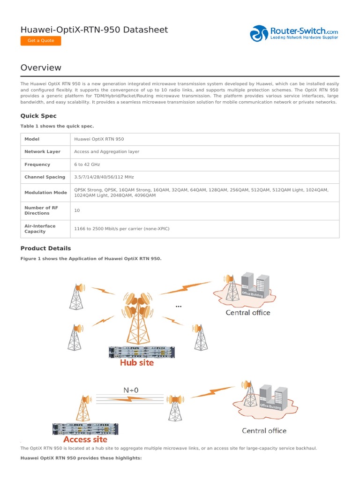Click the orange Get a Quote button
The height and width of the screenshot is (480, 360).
pyautogui.click(x=41, y=41)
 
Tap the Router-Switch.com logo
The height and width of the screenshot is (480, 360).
pyautogui.click(x=294, y=33)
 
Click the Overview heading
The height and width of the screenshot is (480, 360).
pyautogui.click(x=41, y=67)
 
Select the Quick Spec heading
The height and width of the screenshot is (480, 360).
pyautogui.click(x=38, y=116)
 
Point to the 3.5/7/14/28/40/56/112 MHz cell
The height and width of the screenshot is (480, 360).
pyautogui.click(x=104, y=177)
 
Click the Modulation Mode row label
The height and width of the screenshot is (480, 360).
pyautogui.click(x=45, y=193)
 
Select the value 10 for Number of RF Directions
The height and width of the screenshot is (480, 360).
pyautogui.click(x=77, y=210)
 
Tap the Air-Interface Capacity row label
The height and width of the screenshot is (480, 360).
pyautogui.click(x=40, y=229)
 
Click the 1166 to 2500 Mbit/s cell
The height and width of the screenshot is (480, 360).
pyautogui.click(x=121, y=229)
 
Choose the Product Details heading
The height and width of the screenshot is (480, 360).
pyautogui.click(x=45, y=248)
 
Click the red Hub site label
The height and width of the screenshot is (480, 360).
pyautogui.click(x=136, y=362)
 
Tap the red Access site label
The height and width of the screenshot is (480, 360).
pyautogui.click(x=85, y=440)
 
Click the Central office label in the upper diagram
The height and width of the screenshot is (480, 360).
pyautogui.click(x=247, y=313)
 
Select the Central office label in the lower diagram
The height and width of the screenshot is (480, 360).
pyautogui.click(x=264, y=430)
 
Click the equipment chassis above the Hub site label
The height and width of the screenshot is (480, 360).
pyautogui.click(x=141, y=352)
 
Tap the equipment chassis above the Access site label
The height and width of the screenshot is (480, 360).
pyautogui.click(x=85, y=429)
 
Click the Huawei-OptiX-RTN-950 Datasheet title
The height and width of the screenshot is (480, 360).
pyautogui.click(x=94, y=30)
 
